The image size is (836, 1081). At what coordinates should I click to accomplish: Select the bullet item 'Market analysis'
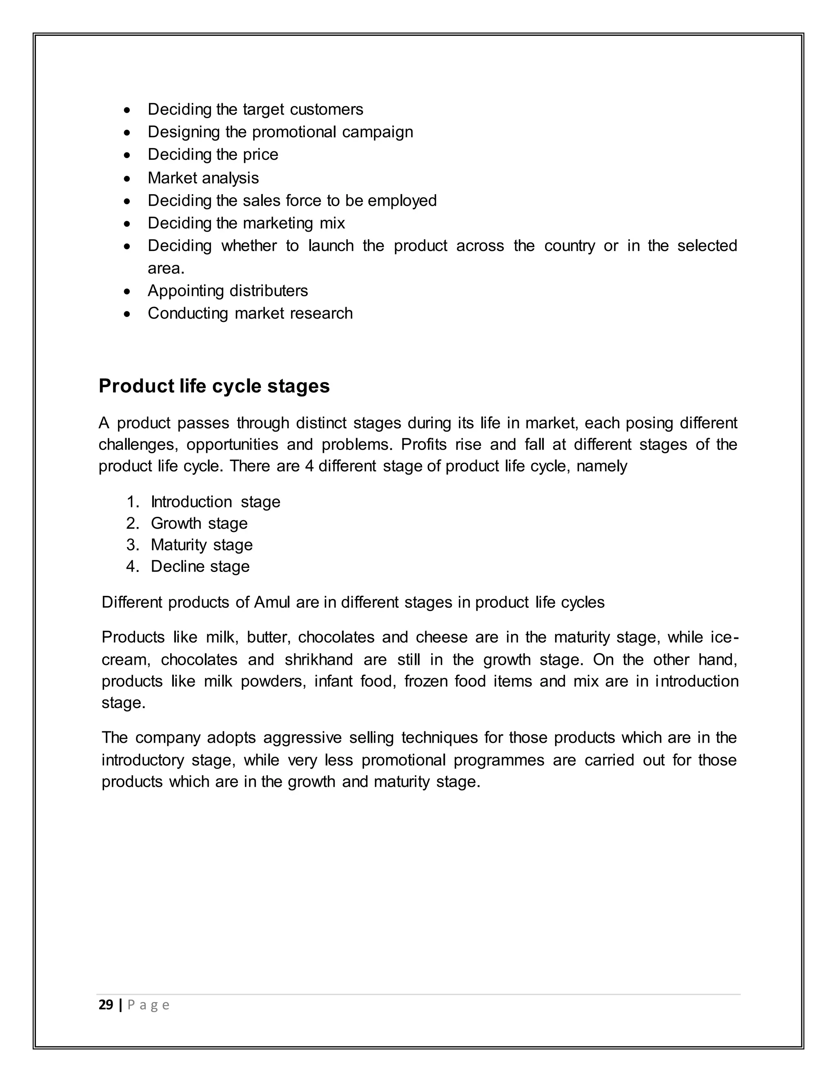pos(203,178)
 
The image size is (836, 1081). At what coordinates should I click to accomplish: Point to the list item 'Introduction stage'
pos(216,502)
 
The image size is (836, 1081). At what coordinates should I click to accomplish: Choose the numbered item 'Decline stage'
pos(200,566)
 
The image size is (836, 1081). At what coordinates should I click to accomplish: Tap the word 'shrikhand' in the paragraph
pos(319,660)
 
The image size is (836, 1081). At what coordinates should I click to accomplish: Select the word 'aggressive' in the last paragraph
pos(302,738)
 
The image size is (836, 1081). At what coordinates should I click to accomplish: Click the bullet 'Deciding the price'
pos(213,155)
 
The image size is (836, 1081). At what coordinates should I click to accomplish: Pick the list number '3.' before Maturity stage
pos(133,545)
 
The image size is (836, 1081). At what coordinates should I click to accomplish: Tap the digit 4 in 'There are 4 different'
pos(309,466)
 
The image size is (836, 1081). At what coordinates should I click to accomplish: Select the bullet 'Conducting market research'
pos(250,313)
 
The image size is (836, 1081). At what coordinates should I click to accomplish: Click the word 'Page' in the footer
pos(149,1005)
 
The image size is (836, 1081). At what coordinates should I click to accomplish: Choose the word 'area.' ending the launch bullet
pos(166,268)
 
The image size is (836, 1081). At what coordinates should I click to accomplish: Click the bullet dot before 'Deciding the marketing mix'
pos(128,224)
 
